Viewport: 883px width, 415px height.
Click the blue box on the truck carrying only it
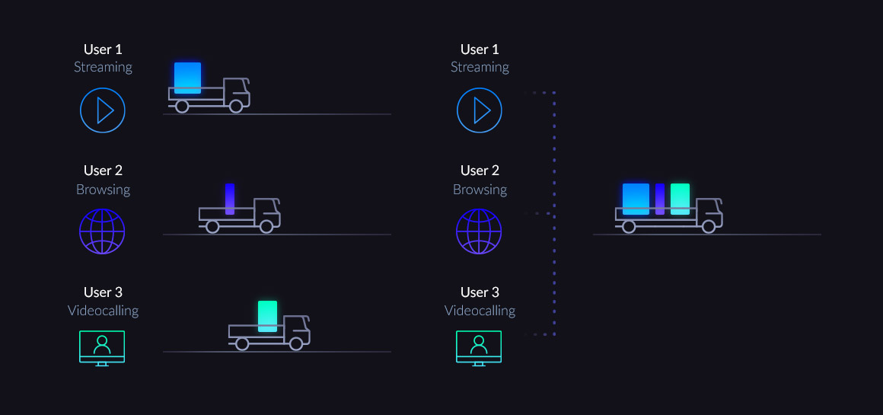click(x=187, y=78)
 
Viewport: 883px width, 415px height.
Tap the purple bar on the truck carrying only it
click(x=229, y=199)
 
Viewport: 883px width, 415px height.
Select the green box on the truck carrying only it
click(x=267, y=316)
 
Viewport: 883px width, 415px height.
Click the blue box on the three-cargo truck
click(x=636, y=199)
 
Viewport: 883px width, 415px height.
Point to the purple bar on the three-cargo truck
click(x=660, y=199)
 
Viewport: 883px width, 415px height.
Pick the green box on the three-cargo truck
click(x=680, y=199)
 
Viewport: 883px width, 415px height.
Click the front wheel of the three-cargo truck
click(x=709, y=226)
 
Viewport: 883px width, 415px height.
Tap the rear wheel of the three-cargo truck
click(x=629, y=226)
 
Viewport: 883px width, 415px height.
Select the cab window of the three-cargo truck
click(x=709, y=206)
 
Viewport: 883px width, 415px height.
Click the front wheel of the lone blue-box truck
click(x=236, y=107)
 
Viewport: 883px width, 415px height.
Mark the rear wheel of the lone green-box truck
click(x=242, y=343)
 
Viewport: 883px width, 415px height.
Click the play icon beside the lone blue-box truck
click(x=103, y=110)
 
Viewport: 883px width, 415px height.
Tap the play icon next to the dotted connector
click(x=480, y=110)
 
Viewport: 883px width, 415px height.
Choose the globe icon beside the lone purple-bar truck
click(x=102, y=231)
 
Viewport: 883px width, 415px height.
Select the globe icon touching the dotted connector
click(x=479, y=231)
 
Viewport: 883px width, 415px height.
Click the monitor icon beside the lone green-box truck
click(x=102, y=347)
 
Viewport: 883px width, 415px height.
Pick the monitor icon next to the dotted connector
click(x=479, y=347)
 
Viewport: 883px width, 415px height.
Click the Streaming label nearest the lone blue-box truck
click(x=103, y=67)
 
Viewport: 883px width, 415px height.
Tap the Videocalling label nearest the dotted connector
click(x=480, y=311)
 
